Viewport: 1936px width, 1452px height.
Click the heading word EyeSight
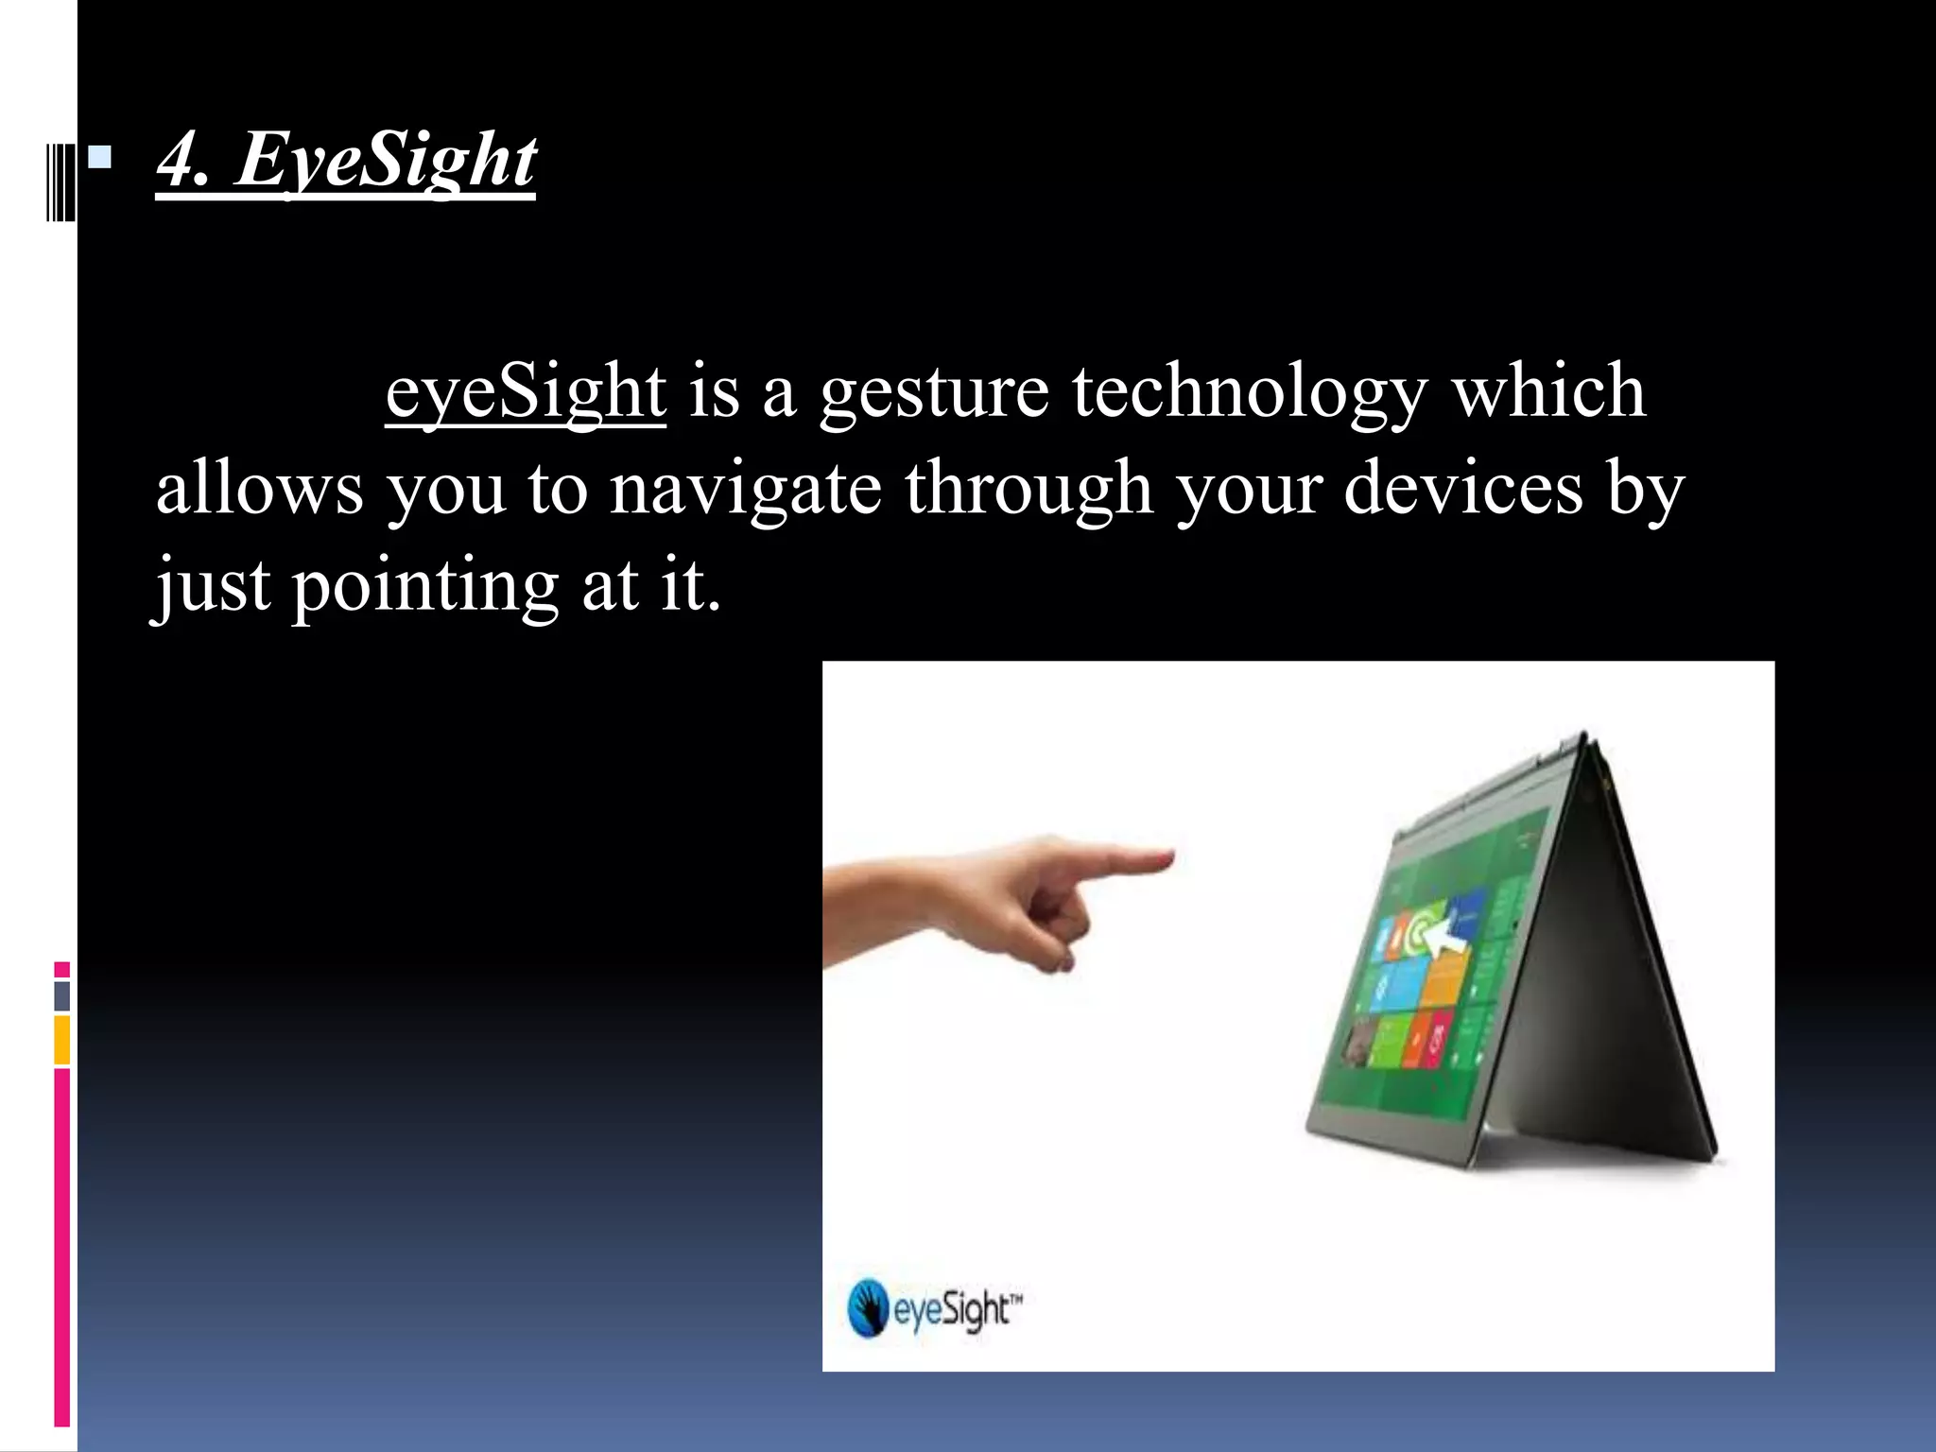click(x=386, y=161)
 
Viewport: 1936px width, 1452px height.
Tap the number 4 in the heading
click(x=180, y=161)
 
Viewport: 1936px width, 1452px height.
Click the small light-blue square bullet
click(x=99, y=156)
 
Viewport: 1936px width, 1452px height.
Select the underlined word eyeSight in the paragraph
click(x=526, y=391)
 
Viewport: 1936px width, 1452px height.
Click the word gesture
click(x=934, y=393)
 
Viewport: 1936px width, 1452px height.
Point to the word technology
click(x=1250, y=393)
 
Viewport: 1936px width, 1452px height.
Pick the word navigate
click(x=745, y=490)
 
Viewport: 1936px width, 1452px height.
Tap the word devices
click(x=1462, y=488)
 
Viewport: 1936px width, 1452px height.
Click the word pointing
click(x=425, y=586)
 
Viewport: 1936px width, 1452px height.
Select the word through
click(x=1028, y=490)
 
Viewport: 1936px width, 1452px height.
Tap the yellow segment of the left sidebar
click(x=61, y=1040)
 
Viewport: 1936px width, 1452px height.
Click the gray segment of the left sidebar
click(x=61, y=995)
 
